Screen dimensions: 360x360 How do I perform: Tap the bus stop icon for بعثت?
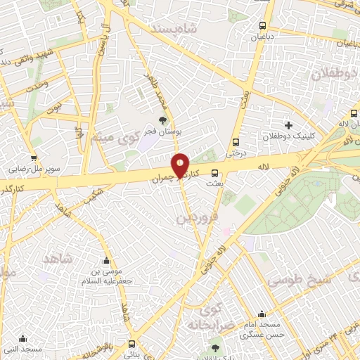(214, 173)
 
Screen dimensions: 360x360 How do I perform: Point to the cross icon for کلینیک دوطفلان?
(288, 124)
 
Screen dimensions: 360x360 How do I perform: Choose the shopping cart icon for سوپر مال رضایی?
(33, 158)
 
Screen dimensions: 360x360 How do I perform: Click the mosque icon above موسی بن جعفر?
(106, 261)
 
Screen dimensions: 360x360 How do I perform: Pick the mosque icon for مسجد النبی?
(23, 338)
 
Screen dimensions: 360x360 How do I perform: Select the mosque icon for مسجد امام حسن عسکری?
(262, 314)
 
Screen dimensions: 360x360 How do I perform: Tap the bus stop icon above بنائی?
(133, 344)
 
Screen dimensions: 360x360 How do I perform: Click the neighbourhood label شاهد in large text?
(58, 259)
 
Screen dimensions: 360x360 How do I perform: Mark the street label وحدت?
(35, 84)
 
